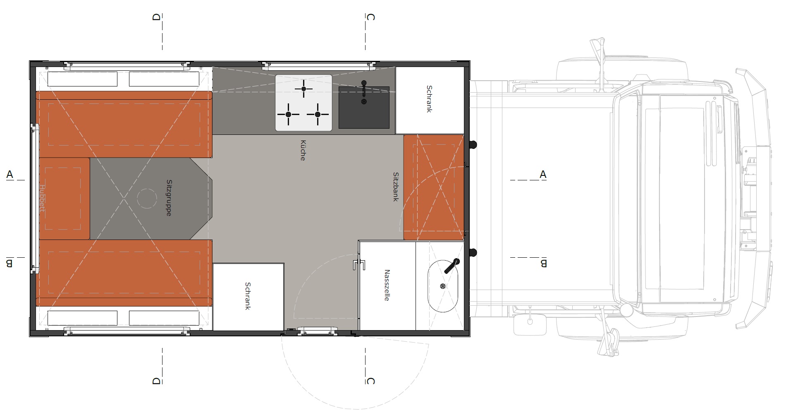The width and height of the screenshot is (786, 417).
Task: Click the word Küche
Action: [x=303, y=150]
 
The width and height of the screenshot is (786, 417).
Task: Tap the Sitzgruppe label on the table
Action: [x=169, y=198]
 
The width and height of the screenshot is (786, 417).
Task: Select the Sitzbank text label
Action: [x=396, y=187]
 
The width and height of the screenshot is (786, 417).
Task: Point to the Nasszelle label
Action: [x=387, y=285]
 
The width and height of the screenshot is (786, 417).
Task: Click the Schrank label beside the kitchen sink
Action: [x=429, y=99]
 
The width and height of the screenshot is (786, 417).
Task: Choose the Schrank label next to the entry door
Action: [x=248, y=296]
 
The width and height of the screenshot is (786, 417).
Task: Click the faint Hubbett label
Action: [x=42, y=198]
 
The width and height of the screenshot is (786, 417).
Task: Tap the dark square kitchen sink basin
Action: [x=364, y=108]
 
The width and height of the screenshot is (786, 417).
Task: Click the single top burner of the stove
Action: [x=304, y=89]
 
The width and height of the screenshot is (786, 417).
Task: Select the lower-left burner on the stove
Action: [x=288, y=115]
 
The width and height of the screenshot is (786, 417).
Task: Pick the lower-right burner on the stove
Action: [x=318, y=115]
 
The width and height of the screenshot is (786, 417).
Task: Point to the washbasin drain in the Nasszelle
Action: [x=443, y=286]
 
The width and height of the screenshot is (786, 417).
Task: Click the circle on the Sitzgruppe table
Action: [x=146, y=199]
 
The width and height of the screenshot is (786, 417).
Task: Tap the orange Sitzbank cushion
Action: [x=434, y=187]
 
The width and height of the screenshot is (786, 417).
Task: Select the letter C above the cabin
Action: [x=370, y=17]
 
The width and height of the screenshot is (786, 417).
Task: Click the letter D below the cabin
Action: [x=156, y=381]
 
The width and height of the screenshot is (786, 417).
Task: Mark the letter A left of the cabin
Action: [x=10, y=175]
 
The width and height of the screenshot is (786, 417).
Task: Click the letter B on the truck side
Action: [x=543, y=263]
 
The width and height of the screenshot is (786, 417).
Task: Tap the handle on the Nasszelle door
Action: [x=359, y=264]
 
